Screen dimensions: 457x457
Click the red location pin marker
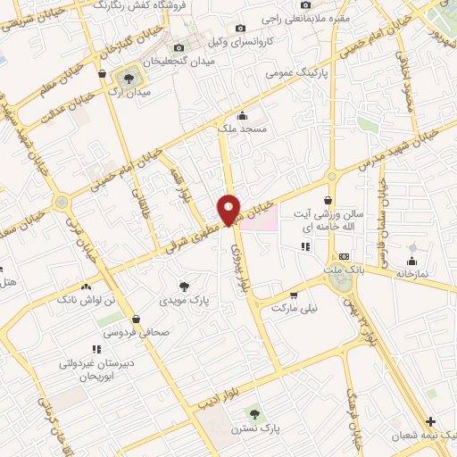(229, 209)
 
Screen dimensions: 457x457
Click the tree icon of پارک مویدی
(184, 287)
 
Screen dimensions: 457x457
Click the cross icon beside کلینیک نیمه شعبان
(431, 421)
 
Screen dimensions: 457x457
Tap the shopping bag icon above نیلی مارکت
(292, 294)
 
